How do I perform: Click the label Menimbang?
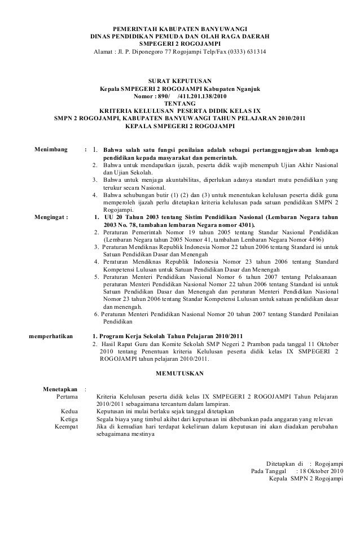tap(50, 150)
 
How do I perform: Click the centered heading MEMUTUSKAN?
tap(180, 357)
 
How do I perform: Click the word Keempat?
tap(67, 426)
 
